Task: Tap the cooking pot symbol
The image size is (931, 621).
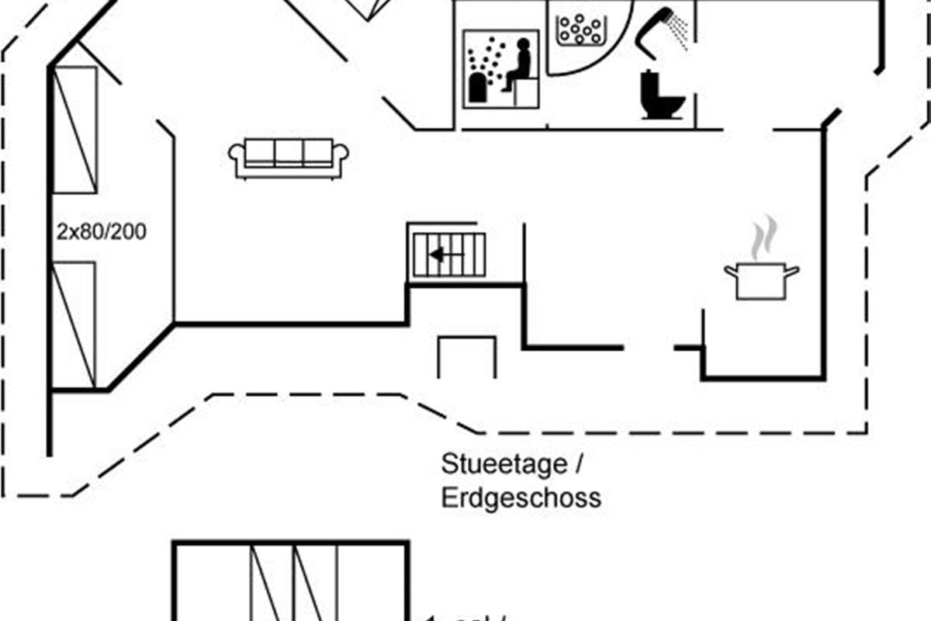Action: point(761,280)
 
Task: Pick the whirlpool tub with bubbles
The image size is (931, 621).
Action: point(580,30)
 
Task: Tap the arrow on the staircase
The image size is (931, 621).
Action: point(444,254)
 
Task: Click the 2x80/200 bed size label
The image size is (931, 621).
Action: point(101,231)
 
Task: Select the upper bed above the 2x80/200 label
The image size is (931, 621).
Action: point(74,130)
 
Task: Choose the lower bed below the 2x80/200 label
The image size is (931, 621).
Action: point(74,324)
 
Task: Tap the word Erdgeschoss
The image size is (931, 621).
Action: point(521,498)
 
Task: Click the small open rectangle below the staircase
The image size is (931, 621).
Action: point(466,357)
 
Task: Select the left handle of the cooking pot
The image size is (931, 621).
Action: point(730,270)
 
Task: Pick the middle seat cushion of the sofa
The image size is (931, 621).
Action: point(289,152)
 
